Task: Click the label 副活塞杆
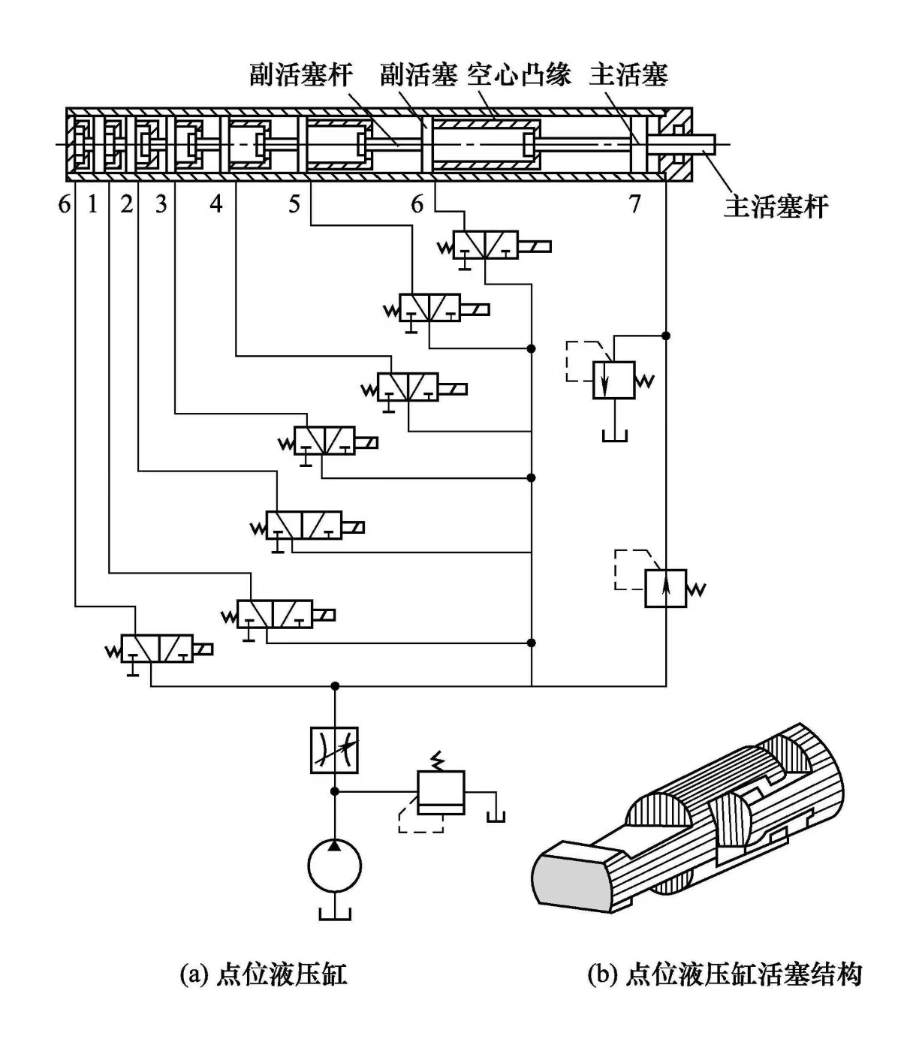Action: point(300,75)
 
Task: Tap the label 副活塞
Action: point(418,75)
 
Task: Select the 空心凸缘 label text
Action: point(519,75)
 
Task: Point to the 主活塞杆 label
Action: point(776,206)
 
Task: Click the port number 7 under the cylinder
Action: point(634,203)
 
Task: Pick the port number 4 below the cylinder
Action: point(216,203)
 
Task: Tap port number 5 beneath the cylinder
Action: point(294,203)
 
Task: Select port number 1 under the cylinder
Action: point(92,203)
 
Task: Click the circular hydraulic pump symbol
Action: point(335,866)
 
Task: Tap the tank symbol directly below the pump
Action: point(335,913)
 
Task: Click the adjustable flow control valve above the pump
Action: point(335,750)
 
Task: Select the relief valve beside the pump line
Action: point(441,793)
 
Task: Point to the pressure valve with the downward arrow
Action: point(614,380)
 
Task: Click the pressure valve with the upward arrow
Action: point(665,588)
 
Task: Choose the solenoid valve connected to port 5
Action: point(429,308)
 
